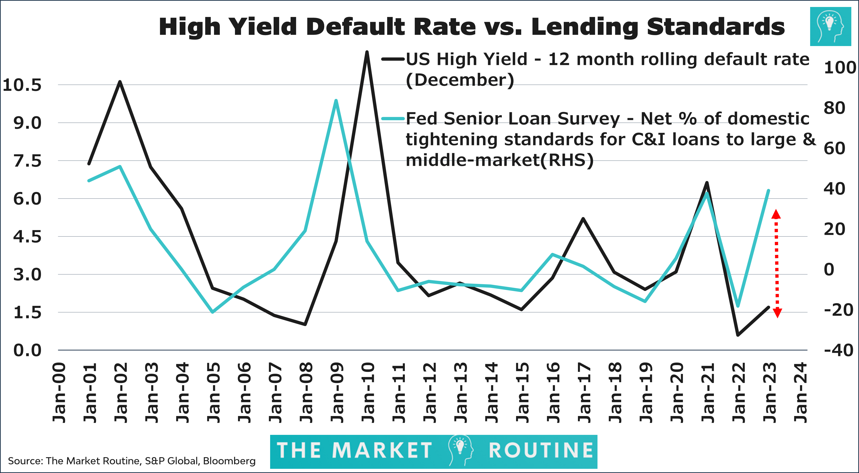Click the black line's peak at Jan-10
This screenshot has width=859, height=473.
coord(367,52)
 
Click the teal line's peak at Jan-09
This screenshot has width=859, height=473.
coord(336,101)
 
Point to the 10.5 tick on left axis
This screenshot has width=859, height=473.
coord(22,85)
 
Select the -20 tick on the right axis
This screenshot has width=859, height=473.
coord(838,310)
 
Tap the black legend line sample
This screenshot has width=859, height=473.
coord(393,59)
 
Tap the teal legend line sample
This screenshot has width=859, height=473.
coord(393,118)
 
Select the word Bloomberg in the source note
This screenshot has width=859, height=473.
coord(229,461)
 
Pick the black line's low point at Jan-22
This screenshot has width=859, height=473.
coord(738,335)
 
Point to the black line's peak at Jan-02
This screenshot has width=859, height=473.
coord(120,82)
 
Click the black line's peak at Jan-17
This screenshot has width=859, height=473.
coord(583,219)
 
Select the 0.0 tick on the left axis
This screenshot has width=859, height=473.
coord(27,350)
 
